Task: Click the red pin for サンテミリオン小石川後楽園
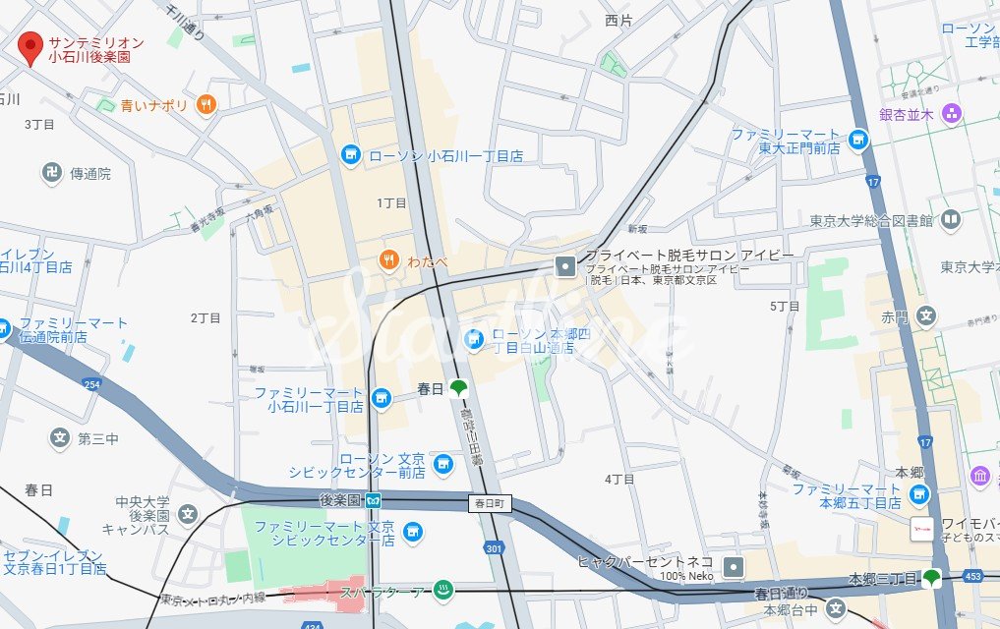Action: tap(31, 43)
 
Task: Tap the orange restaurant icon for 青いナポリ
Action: tap(206, 104)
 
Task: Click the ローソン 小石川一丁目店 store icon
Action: tap(350, 154)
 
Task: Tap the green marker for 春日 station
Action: tap(457, 388)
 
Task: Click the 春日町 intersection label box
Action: tap(491, 503)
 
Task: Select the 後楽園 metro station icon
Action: tap(375, 499)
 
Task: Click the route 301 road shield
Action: tap(494, 547)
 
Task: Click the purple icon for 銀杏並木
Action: tap(951, 113)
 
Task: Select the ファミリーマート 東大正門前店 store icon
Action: tap(858, 141)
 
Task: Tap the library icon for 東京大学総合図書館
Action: tap(950, 219)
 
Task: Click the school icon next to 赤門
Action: tap(924, 316)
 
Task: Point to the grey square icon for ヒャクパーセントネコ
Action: tap(734, 566)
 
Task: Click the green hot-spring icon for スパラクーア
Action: tap(442, 590)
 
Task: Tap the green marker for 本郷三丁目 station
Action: tap(929, 578)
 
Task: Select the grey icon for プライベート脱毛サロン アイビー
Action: tap(565, 264)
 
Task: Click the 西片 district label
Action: tap(618, 20)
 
